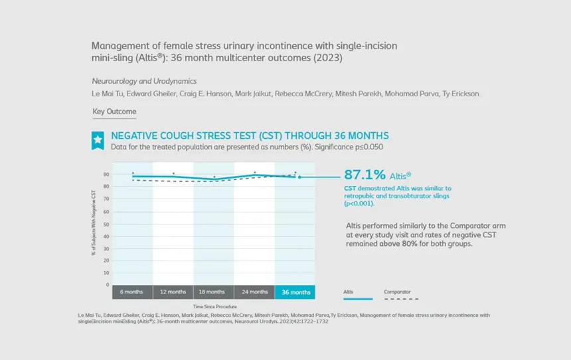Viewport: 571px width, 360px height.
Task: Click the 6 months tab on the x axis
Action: click(132, 292)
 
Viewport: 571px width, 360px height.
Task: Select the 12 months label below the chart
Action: click(173, 292)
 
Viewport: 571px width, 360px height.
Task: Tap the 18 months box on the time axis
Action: click(213, 292)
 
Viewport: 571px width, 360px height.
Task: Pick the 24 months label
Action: click(254, 292)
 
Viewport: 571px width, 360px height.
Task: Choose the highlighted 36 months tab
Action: click(295, 292)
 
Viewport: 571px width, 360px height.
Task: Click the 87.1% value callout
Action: click(365, 175)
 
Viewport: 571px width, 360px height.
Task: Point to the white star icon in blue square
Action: click(98, 139)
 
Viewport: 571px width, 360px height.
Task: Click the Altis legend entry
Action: click(349, 292)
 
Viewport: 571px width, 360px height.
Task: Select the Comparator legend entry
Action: click(397, 292)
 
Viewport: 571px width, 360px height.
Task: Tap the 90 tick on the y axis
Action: click(106, 174)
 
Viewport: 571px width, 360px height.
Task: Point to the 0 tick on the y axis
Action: click(108, 284)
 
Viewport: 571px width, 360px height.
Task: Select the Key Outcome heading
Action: click(114, 112)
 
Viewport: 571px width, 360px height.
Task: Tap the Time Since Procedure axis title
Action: click(215, 306)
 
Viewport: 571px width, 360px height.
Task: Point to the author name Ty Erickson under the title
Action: click(461, 94)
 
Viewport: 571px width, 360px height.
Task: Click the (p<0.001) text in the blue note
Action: click(359, 203)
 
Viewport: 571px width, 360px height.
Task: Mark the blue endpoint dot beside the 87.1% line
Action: click(299, 177)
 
